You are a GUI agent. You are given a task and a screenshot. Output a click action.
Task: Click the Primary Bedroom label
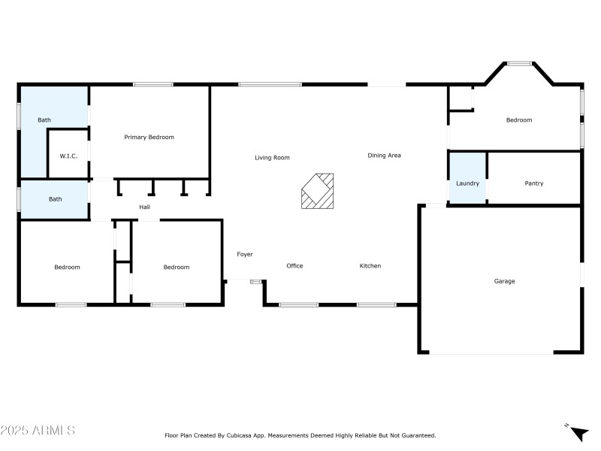click(x=149, y=137)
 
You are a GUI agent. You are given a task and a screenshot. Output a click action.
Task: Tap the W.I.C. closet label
click(x=69, y=156)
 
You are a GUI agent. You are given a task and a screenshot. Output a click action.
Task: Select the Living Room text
click(x=272, y=158)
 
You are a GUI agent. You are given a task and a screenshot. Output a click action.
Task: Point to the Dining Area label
click(x=384, y=156)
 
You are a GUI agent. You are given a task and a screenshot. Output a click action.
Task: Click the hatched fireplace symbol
click(x=317, y=191)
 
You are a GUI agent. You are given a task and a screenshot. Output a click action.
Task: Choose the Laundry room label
click(x=467, y=183)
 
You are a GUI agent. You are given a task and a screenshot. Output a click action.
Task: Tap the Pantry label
click(x=534, y=183)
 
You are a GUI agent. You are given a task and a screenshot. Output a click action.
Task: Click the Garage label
click(x=504, y=281)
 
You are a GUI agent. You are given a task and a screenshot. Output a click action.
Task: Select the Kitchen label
click(x=370, y=266)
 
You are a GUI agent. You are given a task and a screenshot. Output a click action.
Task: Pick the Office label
click(x=294, y=266)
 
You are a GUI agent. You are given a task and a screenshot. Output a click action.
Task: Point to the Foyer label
click(x=245, y=255)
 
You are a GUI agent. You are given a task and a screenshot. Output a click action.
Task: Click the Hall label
click(x=145, y=207)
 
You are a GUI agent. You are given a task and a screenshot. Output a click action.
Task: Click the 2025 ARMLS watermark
click(x=38, y=431)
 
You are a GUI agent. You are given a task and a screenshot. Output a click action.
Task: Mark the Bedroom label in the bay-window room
click(x=518, y=120)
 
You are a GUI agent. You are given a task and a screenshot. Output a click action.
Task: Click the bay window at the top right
click(x=519, y=64)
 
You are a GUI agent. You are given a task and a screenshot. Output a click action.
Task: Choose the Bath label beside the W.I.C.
click(x=44, y=120)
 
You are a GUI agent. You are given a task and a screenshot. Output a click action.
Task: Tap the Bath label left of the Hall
click(x=55, y=199)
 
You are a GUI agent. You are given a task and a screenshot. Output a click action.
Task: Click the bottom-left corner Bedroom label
click(x=67, y=267)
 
